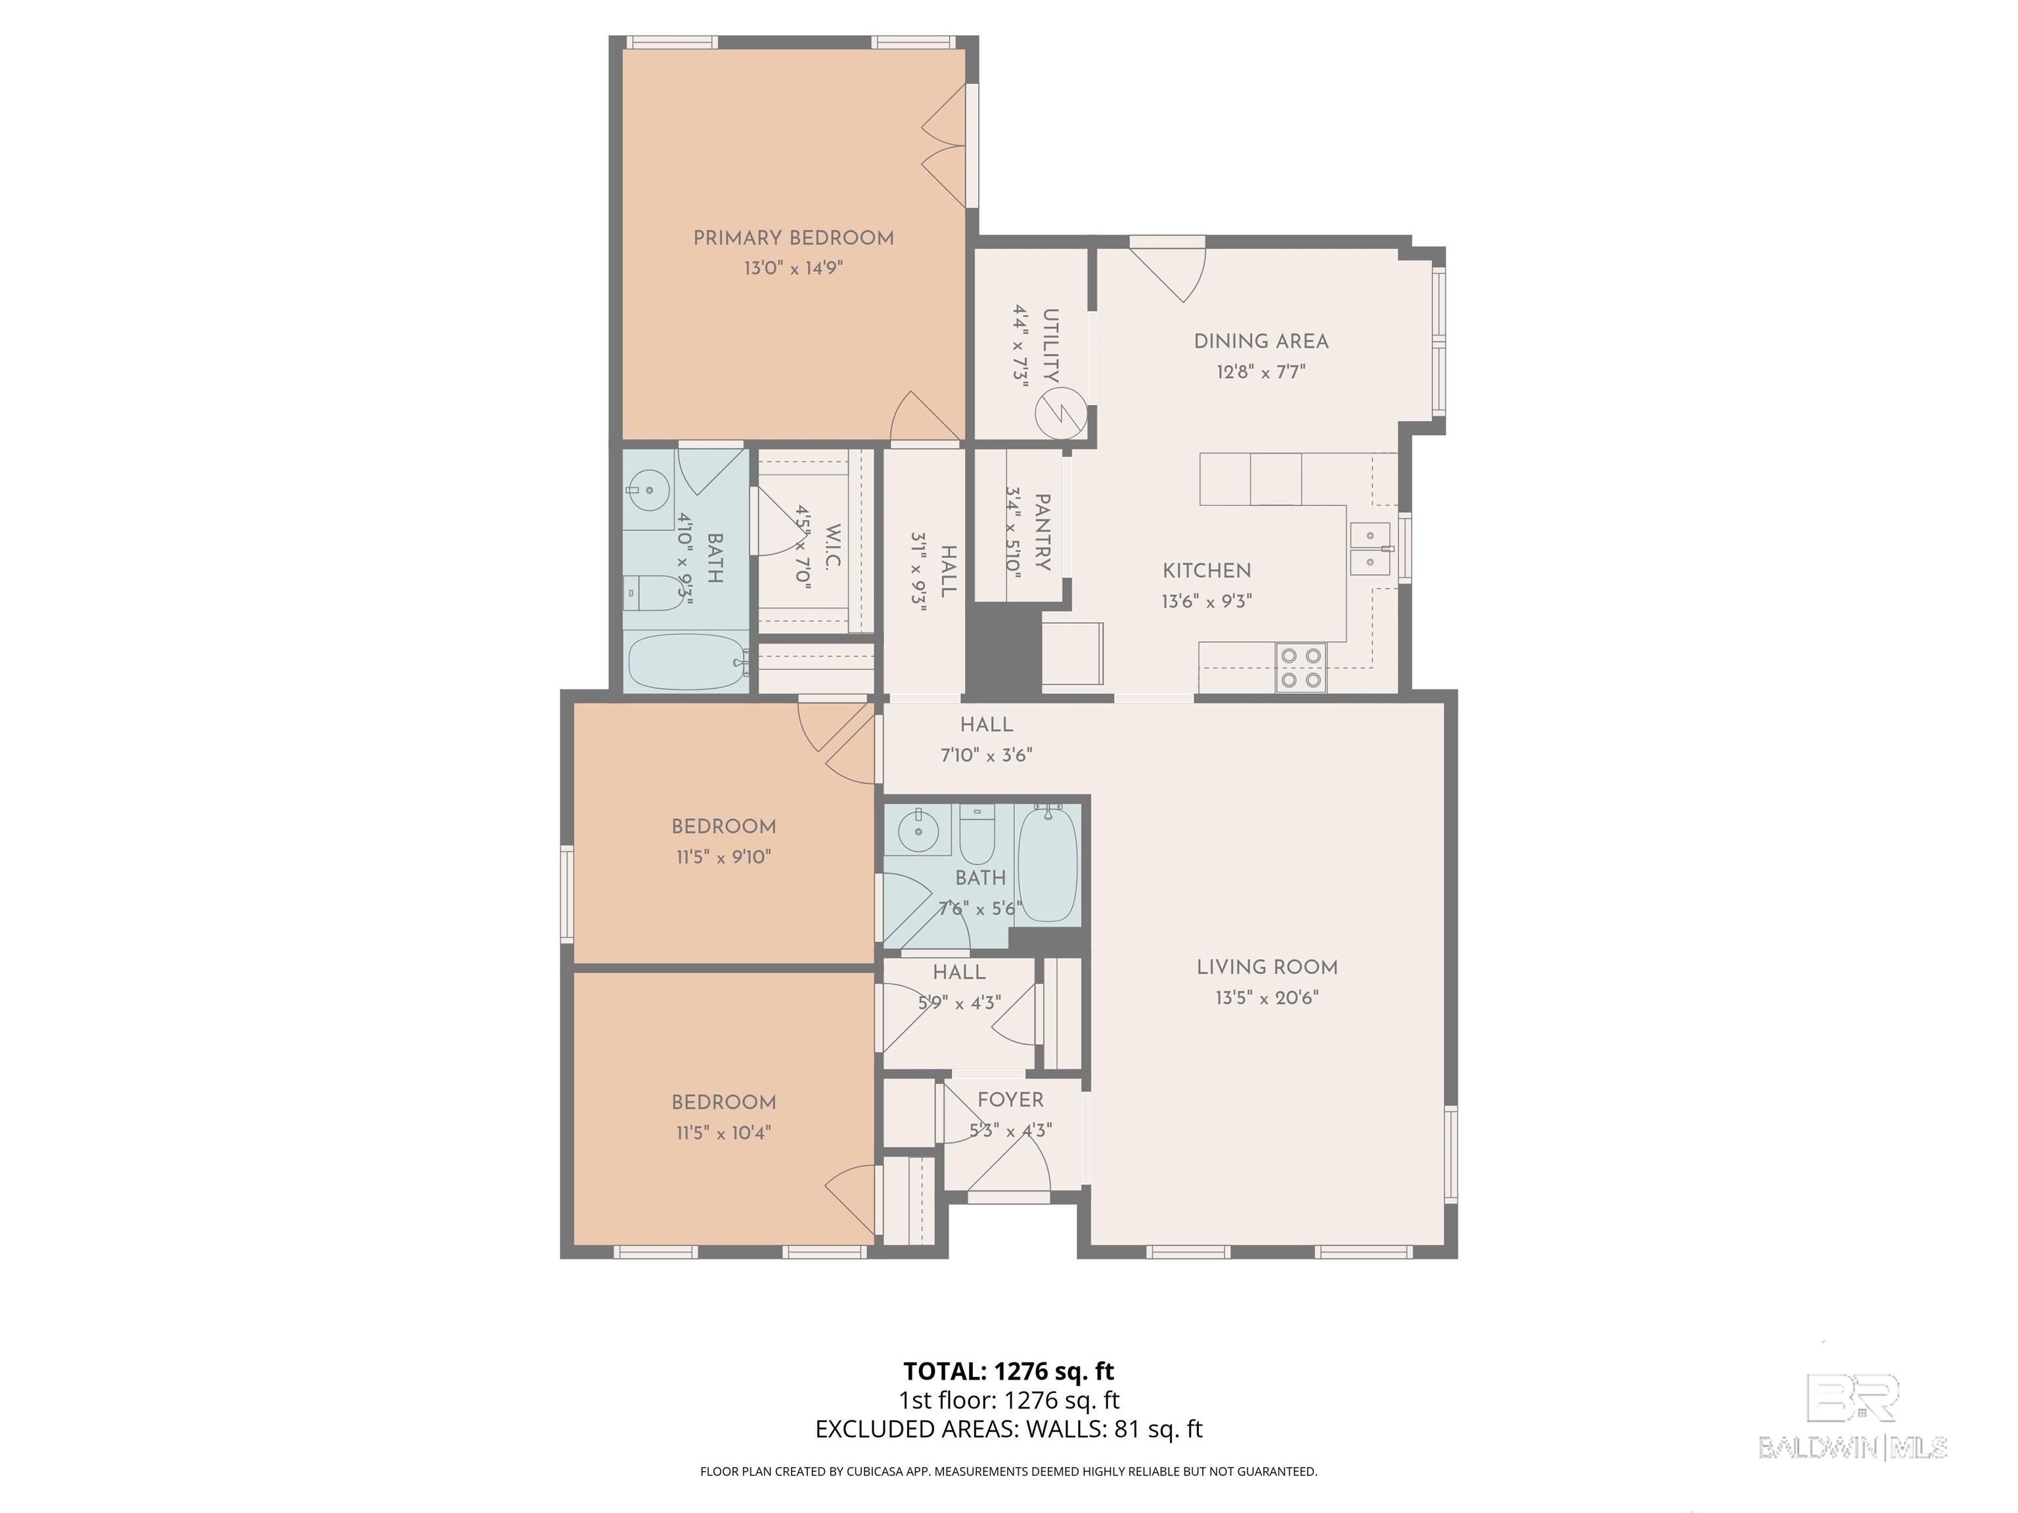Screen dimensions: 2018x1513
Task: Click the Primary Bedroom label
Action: [x=793, y=238]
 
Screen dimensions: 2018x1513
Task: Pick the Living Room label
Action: [x=1267, y=967]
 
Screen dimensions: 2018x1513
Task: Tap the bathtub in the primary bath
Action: [x=686, y=661]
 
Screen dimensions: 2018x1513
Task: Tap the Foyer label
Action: [x=1010, y=1100]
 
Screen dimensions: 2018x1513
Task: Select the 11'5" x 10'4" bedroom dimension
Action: [x=723, y=1133]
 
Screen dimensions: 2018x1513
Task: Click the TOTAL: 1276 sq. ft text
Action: [x=1009, y=1370]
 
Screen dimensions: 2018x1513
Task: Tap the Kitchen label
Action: [x=1206, y=571]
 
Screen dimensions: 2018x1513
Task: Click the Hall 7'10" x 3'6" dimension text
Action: [x=986, y=755]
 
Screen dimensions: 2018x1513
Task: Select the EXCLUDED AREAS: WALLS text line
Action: [x=1009, y=1429]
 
